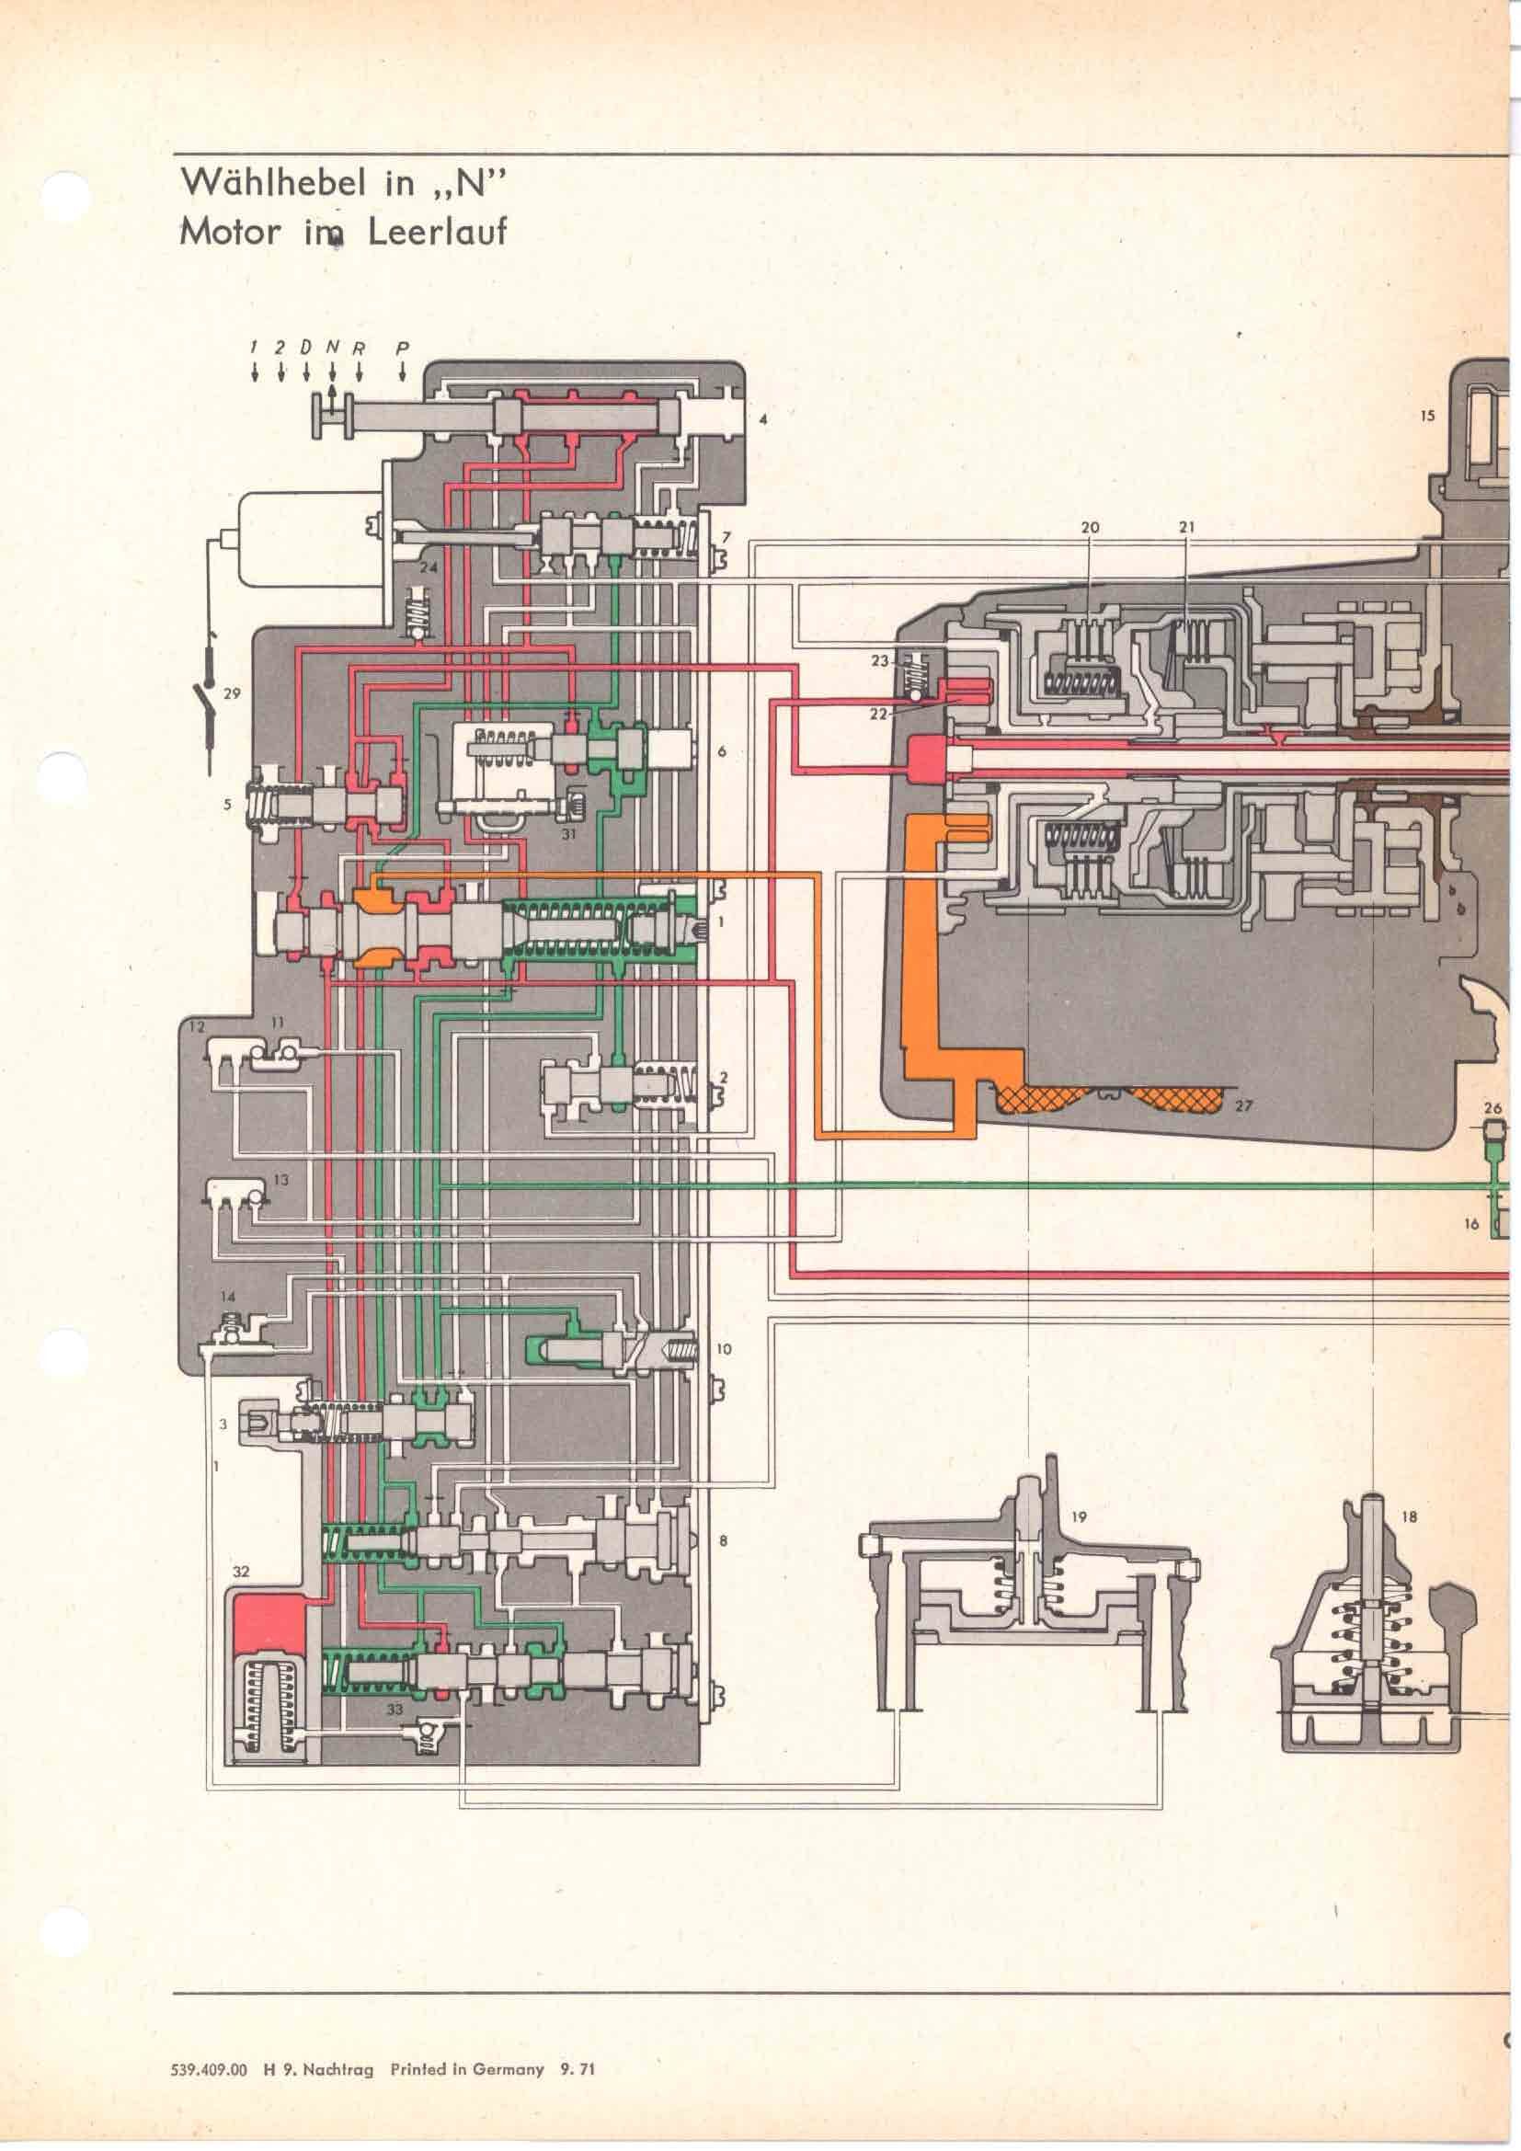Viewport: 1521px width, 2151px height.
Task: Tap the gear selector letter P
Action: [402, 347]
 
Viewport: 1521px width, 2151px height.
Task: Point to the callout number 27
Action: [1243, 1105]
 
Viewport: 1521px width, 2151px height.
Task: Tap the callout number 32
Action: [242, 1570]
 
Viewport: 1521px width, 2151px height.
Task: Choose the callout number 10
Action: [723, 1349]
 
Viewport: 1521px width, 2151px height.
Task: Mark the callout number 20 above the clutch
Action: [1089, 528]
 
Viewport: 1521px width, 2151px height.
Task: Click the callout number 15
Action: [1426, 415]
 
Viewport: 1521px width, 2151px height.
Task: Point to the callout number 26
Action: [1492, 1108]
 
